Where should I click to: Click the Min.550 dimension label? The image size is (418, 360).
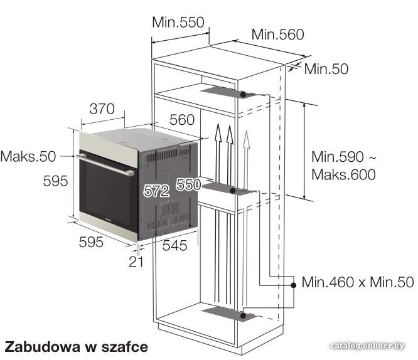[x=178, y=22]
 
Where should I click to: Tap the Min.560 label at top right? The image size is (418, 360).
[x=277, y=34]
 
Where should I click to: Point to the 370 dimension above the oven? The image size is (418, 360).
[x=102, y=109]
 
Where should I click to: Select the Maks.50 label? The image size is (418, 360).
[x=28, y=156]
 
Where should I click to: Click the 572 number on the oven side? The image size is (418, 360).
[x=156, y=191]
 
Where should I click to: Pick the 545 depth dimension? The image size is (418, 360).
[x=174, y=245]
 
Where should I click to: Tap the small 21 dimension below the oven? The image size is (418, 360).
[x=136, y=262]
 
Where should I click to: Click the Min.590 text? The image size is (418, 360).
[x=338, y=157]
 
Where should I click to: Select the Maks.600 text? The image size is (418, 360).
[x=343, y=174]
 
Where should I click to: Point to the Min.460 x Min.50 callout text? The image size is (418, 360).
[x=358, y=282]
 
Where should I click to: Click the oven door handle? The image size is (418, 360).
[x=105, y=165]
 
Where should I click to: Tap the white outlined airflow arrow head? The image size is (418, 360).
[x=247, y=139]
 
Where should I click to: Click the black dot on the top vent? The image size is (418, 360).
[x=243, y=94]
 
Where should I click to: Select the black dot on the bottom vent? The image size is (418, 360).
[x=243, y=315]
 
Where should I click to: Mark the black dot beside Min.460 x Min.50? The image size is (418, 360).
[x=294, y=285]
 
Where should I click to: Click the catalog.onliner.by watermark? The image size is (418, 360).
[x=367, y=346]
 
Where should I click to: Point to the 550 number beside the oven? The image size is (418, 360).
[x=188, y=184]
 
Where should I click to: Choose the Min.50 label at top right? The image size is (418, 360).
[x=326, y=69]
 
